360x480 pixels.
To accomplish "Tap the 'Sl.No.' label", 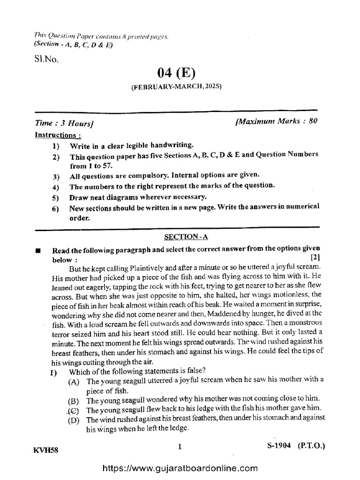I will [x=44, y=60].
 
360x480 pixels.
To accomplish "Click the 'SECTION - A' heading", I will [x=180, y=238].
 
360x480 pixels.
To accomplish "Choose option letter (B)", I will [x=74, y=401].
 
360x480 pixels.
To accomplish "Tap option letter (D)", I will [x=74, y=420].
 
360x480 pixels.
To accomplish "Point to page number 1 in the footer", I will [x=180, y=448].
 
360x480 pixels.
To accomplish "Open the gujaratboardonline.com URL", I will [x=180, y=467].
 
